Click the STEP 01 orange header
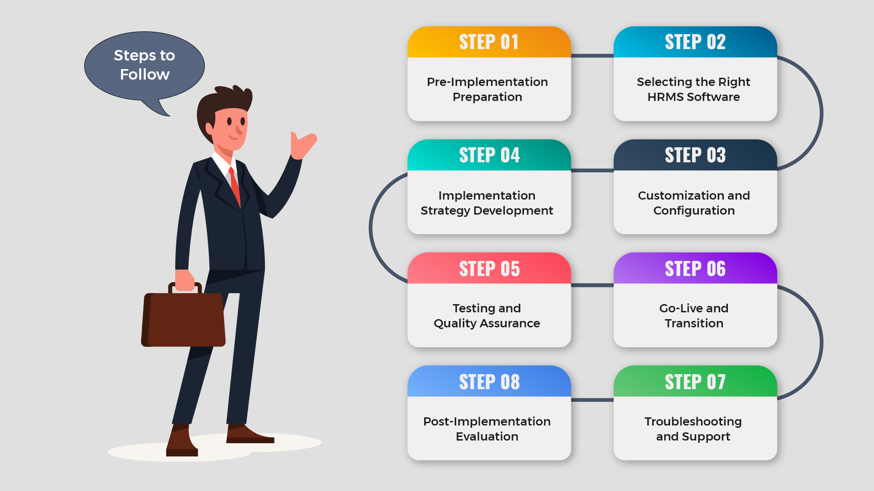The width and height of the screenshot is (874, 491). click(489, 42)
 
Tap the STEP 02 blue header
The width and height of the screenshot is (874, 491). click(695, 42)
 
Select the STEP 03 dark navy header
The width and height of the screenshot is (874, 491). click(695, 155)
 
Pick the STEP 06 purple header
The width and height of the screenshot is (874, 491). click(695, 268)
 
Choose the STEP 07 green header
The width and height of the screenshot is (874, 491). click(695, 381)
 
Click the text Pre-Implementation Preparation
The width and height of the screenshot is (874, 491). click(488, 89)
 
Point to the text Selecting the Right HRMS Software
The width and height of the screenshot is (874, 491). click(694, 89)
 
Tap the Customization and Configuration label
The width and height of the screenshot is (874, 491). click(694, 203)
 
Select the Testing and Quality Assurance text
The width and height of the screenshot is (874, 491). click(487, 316)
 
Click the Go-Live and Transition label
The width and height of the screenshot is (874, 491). click(694, 316)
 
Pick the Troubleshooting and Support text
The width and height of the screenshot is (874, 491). click(693, 429)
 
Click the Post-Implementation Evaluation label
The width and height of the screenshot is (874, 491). click(487, 429)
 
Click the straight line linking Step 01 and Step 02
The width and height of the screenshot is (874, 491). click(592, 56)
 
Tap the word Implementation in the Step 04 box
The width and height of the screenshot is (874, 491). click(487, 195)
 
